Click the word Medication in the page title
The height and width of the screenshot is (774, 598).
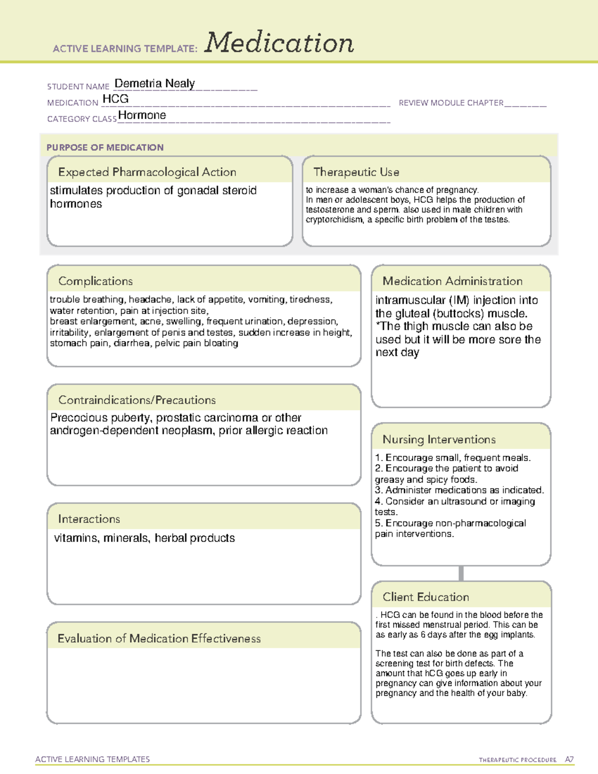pos(279,43)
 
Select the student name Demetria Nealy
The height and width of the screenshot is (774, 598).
pos(154,83)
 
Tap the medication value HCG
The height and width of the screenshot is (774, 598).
pos(116,99)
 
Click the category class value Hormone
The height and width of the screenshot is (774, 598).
pos(142,115)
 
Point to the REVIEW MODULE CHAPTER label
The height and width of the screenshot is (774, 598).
pos(451,103)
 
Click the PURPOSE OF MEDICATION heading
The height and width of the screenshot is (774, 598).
pos(105,148)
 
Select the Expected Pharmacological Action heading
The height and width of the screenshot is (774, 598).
pos(147,172)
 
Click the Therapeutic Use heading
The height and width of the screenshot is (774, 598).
pos(356,172)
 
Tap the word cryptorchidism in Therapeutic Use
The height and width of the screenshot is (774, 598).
pos(334,220)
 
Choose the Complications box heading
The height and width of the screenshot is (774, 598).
pos(96,281)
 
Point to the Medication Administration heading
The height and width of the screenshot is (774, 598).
pos(452,281)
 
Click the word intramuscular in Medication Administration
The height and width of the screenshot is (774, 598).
pos(410,300)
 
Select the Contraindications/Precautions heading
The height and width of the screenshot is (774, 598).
pos(137,400)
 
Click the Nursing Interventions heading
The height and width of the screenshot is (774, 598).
pos(439,440)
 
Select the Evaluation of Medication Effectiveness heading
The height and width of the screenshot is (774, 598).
pos(159,638)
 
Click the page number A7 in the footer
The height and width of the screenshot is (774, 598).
pos(569,760)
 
